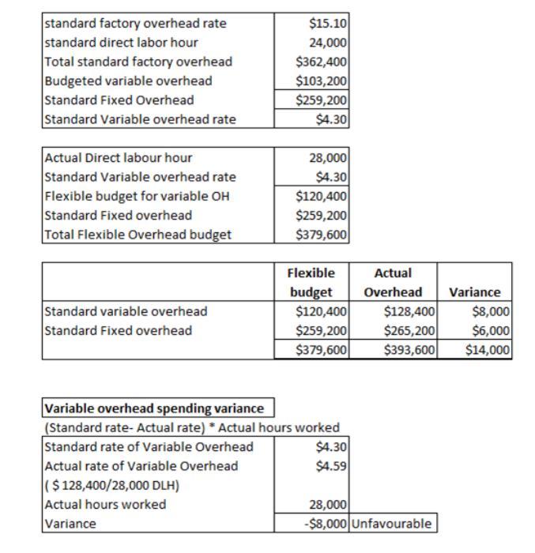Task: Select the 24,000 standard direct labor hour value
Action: [327, 43]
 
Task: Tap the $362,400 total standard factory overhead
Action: [322, 62]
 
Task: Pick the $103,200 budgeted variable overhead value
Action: [322, 81]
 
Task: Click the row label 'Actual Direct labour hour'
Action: [119, 158]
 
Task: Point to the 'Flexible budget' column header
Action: [311, 282]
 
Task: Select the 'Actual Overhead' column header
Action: [393, 282]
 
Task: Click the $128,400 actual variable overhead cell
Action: [409, 311]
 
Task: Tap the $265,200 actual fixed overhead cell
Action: [409, 330]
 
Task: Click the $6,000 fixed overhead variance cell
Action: [494, 330]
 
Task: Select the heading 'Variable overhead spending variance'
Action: [154, 408]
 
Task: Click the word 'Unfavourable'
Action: [393, 524]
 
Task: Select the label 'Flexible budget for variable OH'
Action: [137, 196]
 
